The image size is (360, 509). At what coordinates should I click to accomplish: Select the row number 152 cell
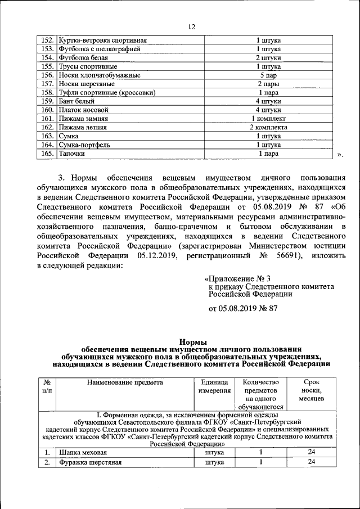47,40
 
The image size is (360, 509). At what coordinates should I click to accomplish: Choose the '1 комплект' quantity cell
269,119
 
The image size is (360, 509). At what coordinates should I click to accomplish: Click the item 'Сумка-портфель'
84,145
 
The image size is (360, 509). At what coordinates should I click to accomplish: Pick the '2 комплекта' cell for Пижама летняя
269,127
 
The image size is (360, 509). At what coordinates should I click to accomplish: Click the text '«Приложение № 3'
236,278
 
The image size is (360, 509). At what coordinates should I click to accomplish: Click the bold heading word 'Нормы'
192,341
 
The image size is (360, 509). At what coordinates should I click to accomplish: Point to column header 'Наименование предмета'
124,382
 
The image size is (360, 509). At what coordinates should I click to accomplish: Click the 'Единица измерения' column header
214,386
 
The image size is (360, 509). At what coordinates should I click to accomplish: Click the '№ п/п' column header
47,386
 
